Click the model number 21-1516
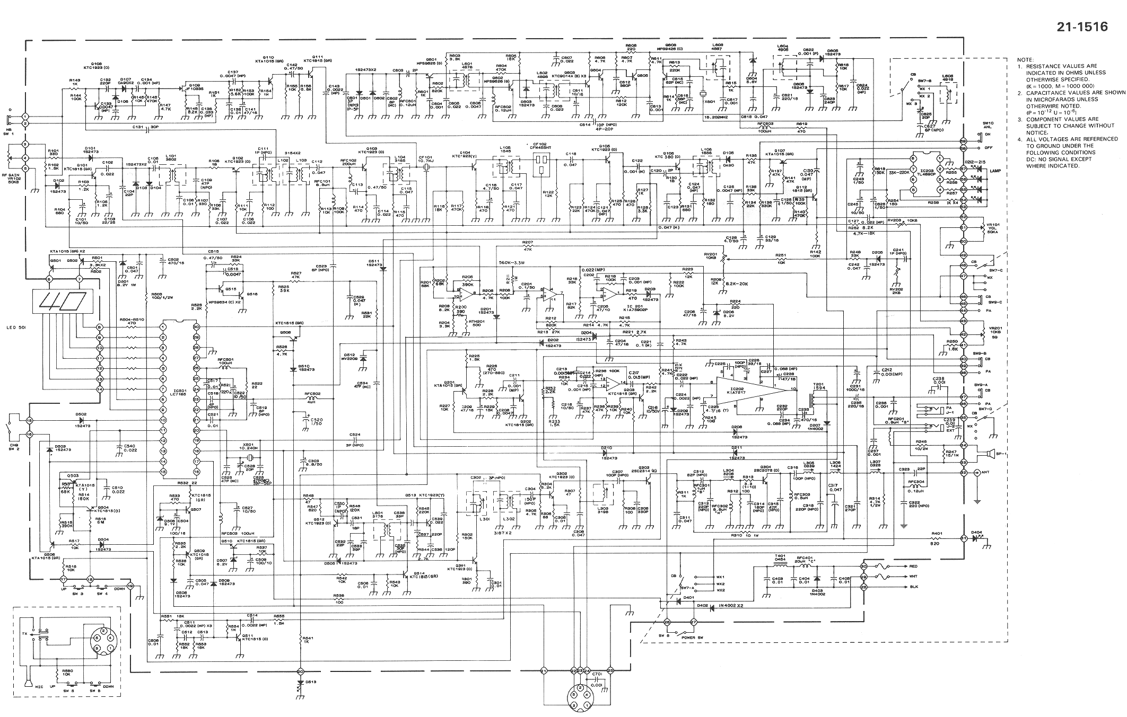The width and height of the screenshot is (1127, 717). pyautogui.click(x=1082, y=27)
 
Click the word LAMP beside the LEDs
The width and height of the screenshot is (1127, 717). pyautogui.click(x=995, y=171)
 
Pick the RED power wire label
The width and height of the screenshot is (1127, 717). pyautogui.click(x=913, y=566)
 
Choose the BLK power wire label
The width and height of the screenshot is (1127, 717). pyautogui.click(x=913, y=587)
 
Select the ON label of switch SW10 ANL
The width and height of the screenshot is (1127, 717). pyautogui.click(x=988, y=134)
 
